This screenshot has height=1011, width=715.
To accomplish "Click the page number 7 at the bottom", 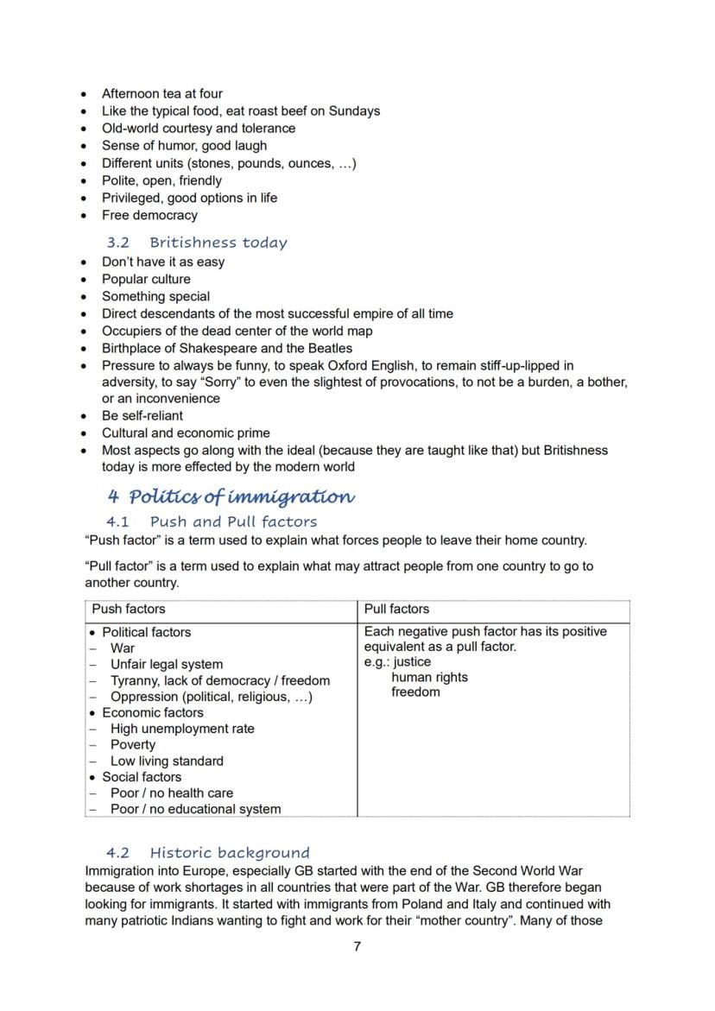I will coord(357,946).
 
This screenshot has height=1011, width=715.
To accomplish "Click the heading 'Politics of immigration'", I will coord(241,497).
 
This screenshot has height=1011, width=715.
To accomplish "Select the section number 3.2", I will coord(118,243).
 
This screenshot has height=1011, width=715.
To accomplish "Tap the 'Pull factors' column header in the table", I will coord(396,609).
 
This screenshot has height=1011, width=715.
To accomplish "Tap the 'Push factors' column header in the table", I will coord(129,609).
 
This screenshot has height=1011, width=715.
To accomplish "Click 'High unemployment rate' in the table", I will coord(182,729).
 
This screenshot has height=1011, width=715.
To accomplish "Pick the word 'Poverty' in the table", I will coord(133,744).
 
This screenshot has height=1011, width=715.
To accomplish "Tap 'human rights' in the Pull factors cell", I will coord(429,677).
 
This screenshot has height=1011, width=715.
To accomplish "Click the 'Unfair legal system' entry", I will coord(166,664).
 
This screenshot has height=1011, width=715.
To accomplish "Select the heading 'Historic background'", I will coord(229,853).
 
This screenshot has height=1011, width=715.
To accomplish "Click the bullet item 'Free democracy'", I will coord(149,215).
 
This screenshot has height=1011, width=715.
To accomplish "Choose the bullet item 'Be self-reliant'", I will coord(142,415).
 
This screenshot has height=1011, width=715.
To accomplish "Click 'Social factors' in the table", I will coord(142,776).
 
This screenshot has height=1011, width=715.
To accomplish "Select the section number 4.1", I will coord(118,521).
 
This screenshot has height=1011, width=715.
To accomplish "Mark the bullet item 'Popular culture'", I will coord(146,279).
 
